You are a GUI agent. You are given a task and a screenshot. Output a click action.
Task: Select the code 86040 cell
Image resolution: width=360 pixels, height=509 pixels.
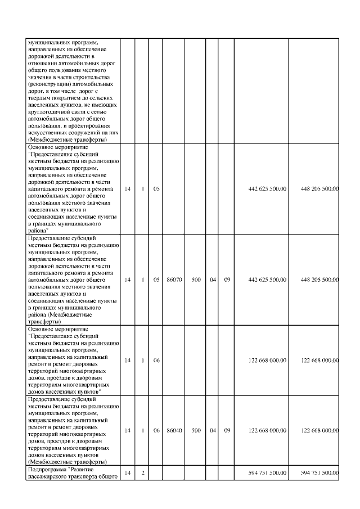tap(174, 430)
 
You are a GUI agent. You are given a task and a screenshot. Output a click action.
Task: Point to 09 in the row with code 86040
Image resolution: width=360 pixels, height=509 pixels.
tap(227, 430)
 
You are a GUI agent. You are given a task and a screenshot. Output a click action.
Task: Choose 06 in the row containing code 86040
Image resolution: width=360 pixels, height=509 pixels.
tap(157, 430)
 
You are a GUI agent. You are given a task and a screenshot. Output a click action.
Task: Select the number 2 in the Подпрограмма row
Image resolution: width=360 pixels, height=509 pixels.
tap(143, 473)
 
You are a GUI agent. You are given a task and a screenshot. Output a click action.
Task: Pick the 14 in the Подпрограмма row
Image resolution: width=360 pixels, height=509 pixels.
tap(128, 473)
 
